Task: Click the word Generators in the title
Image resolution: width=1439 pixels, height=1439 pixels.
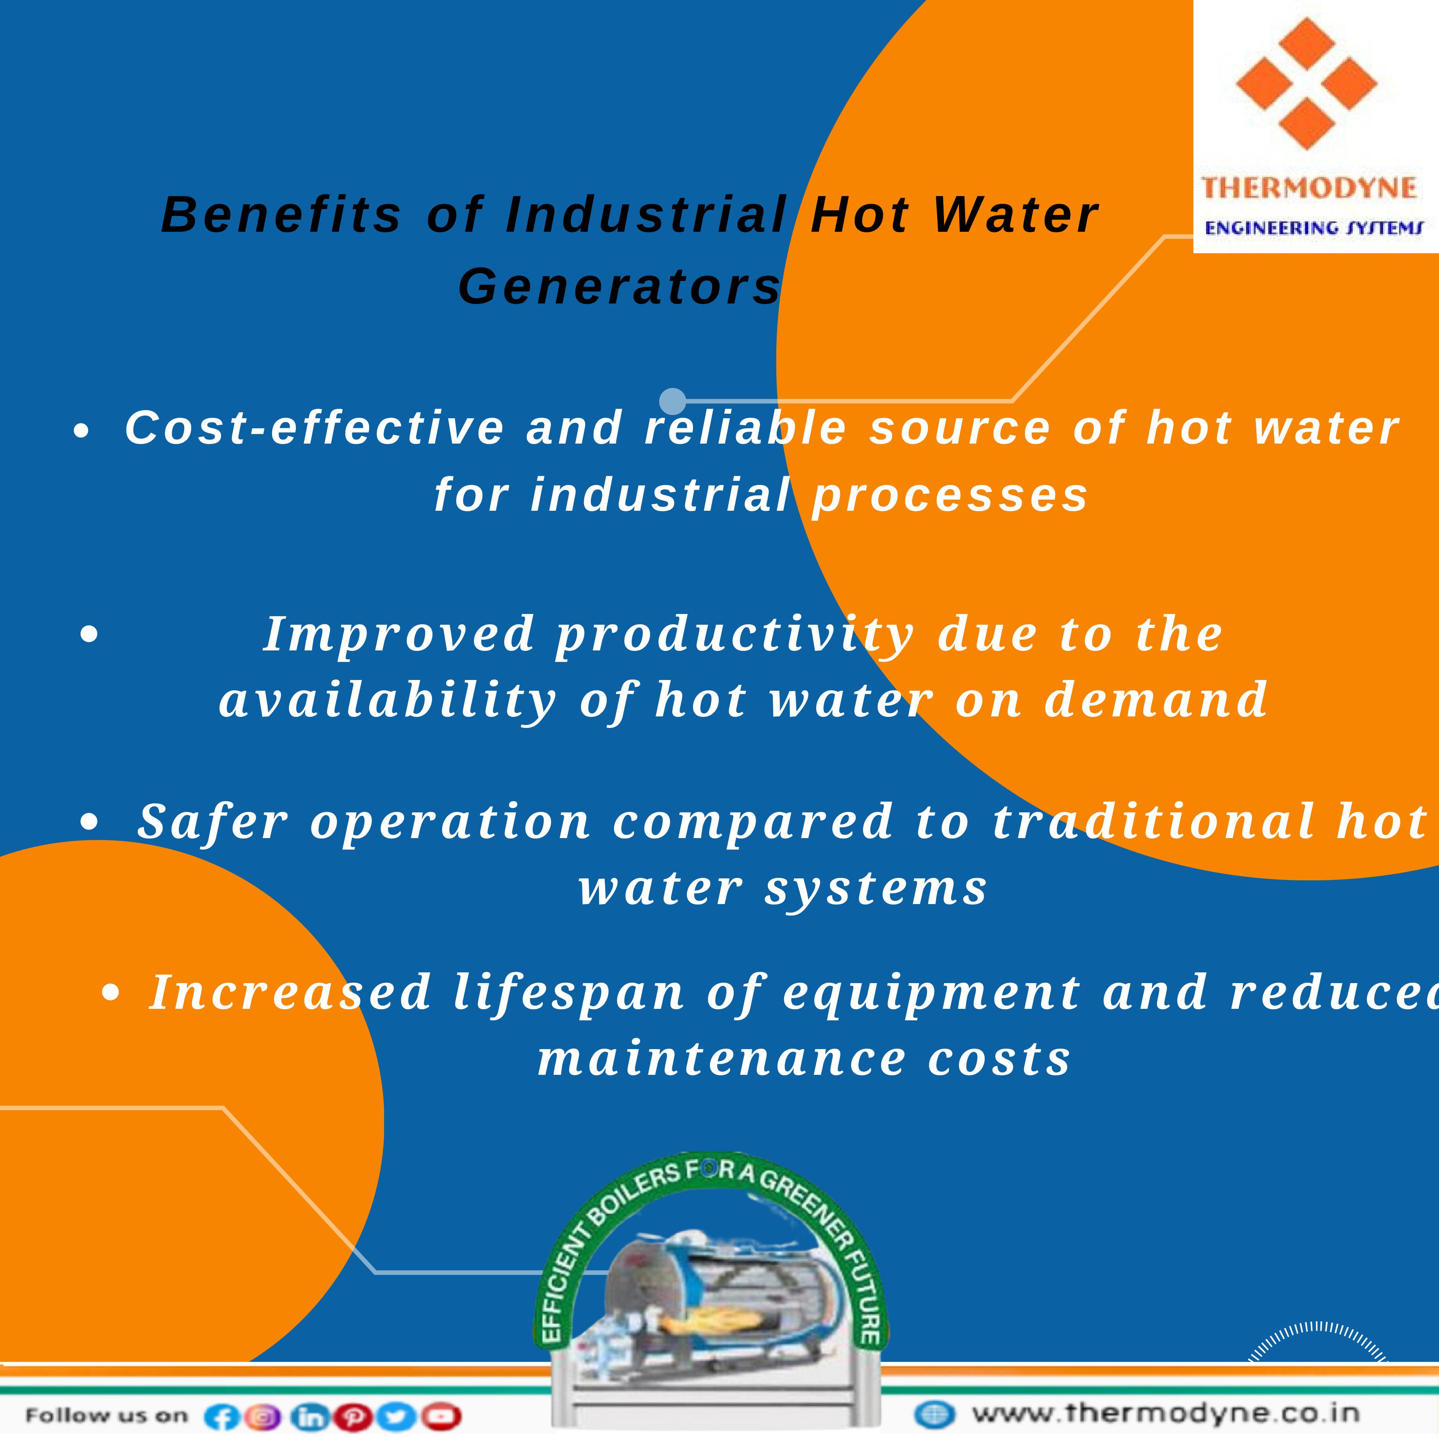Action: [x=620, y=286]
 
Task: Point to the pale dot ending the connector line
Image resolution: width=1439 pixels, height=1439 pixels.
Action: [x=673, y=401]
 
